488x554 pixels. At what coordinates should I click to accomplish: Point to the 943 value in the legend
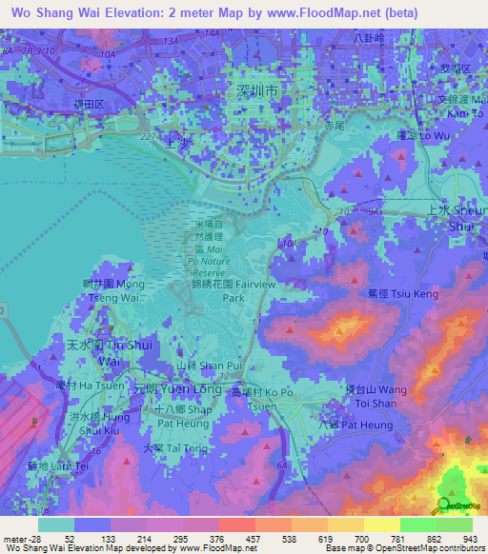point(471,539)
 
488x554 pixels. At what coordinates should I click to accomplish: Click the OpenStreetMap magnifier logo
point(445,505)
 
